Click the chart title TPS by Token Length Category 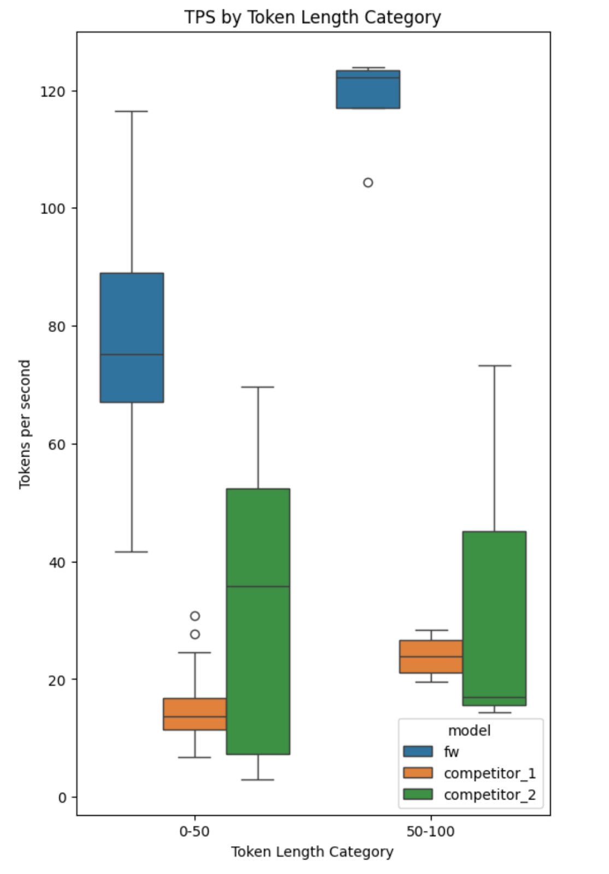312,17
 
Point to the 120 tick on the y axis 52,91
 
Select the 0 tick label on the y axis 62,798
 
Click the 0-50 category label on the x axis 194,831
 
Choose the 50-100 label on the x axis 430,831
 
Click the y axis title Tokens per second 25,424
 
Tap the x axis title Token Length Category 312,852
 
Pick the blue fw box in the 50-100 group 368,90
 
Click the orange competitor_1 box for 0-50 195,714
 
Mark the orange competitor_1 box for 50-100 431,657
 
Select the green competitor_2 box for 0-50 258,621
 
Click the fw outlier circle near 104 368,182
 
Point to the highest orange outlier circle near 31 195,616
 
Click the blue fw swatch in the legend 418,752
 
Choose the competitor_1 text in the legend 489,773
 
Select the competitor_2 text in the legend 489,795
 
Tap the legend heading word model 469,730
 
